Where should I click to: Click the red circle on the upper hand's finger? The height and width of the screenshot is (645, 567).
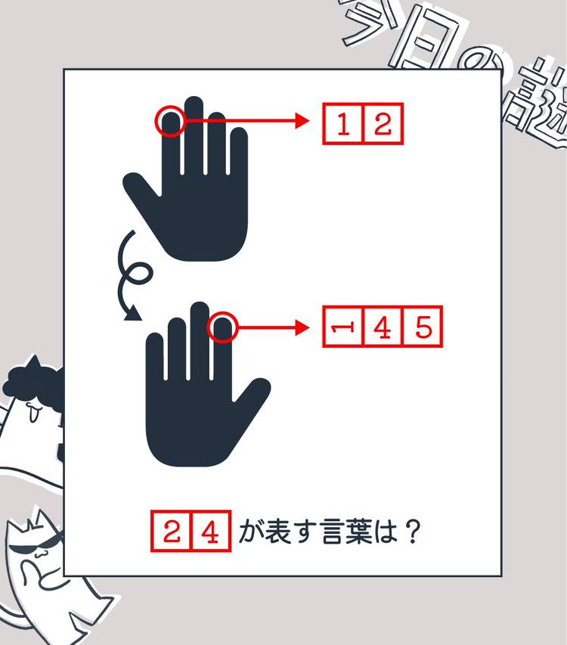(156, 121)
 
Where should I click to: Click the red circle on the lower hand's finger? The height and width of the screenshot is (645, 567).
(208, 327)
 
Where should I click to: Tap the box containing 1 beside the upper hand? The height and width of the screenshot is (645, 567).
(343, 124)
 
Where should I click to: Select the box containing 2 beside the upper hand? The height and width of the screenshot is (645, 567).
(383, 124)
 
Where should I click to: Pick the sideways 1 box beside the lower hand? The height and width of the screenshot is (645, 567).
(343, 327)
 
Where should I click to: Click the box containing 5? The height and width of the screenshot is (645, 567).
(423, 327)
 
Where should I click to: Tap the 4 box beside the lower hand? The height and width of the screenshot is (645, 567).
(383, 327)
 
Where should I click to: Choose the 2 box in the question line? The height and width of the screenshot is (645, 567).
(172, 531)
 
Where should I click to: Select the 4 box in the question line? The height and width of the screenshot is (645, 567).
(210, 531)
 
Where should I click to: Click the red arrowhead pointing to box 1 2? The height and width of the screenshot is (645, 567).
(302, 121)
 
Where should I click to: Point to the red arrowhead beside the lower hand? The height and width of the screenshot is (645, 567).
(302, 327)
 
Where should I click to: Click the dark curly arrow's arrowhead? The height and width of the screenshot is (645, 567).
(132, 314)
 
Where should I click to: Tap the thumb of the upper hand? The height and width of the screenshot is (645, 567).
(142, 188)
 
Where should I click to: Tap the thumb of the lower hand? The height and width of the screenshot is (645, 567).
(251, 395)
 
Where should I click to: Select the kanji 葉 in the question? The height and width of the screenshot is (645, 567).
(358, 532)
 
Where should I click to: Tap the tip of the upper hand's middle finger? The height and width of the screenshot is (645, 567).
(194, 97)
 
